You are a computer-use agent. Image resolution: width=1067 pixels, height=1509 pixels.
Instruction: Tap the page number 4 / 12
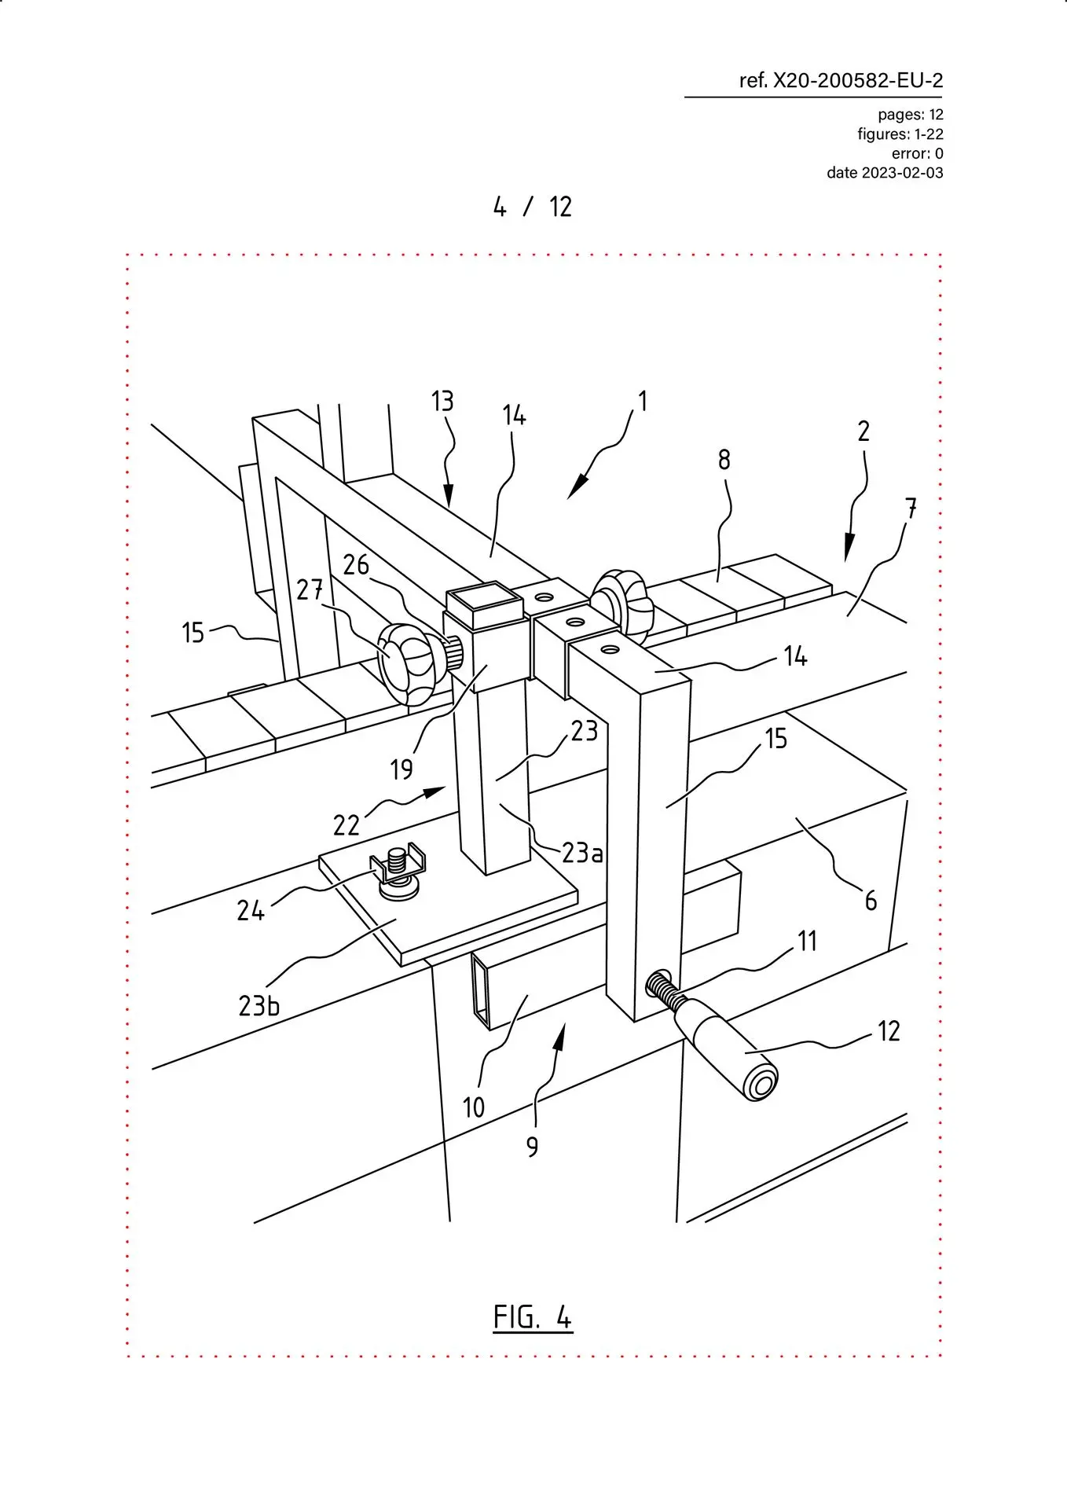(x=533, y=207)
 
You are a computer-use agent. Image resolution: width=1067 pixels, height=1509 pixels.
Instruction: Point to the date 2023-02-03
(x=902, y=173)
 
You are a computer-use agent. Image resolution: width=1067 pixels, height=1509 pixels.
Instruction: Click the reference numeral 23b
(x=258, y=1005)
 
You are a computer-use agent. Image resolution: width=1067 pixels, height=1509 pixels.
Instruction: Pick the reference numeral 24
(x=251, y=910)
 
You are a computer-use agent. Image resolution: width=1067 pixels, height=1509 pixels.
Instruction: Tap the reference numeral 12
(x=889, y=1030)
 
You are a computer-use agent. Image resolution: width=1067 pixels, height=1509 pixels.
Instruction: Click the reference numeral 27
(x=310, y=589)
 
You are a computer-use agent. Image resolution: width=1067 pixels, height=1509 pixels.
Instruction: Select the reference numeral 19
(x=401, y=769)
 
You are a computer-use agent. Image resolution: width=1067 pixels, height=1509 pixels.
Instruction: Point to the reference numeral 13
(x=442, y=402)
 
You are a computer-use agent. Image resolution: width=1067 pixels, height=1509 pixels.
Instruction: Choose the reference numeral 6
(x=871, y=900)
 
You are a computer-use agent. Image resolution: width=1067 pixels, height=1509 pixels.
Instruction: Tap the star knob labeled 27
(x=409, y=660)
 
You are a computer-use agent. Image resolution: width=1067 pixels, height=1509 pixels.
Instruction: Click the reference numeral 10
(x=473, y=1107)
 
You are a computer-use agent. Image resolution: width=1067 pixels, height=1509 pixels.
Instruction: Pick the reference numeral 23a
(x=582, y=852)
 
